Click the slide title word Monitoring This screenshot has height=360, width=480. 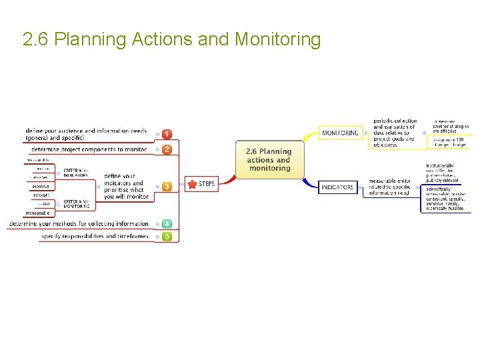point(277,39)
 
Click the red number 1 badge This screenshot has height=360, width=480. point(167,134)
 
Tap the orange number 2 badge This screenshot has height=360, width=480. point(167,149)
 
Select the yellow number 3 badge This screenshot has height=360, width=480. point(167,186)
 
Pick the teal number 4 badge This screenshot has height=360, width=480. point(167,224)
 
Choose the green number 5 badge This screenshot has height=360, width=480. point(167,236)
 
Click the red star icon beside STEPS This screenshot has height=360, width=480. point(192,184)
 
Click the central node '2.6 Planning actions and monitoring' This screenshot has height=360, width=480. point(269,160)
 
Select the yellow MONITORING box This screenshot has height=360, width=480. point(340,133)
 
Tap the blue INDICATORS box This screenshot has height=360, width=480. point(337,187)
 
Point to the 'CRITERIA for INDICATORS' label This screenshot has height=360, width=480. point(75,173)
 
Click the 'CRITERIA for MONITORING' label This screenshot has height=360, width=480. point(76,203)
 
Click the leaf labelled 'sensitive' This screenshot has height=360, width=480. point(41,187)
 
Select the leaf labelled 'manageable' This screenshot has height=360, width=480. point(37,213)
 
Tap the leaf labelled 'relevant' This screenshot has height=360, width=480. point(41,195)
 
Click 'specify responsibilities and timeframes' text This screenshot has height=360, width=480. point(95,236)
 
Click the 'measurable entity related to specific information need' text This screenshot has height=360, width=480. point(390,187)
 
